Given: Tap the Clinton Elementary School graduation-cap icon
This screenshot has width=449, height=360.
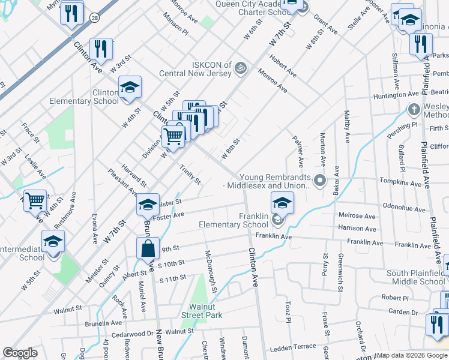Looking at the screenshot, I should pos(130,88).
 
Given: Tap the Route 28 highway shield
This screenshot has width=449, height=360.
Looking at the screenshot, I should pos(95,20).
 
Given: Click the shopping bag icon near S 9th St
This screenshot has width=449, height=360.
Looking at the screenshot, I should pos(147,247).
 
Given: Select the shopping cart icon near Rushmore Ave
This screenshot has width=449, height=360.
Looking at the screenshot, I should pos(35,200).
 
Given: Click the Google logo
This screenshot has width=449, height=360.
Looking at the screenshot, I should pos(20,353).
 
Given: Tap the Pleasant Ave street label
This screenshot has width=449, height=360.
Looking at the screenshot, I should pos(122,182).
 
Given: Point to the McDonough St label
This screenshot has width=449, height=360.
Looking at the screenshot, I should pos(211,271).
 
